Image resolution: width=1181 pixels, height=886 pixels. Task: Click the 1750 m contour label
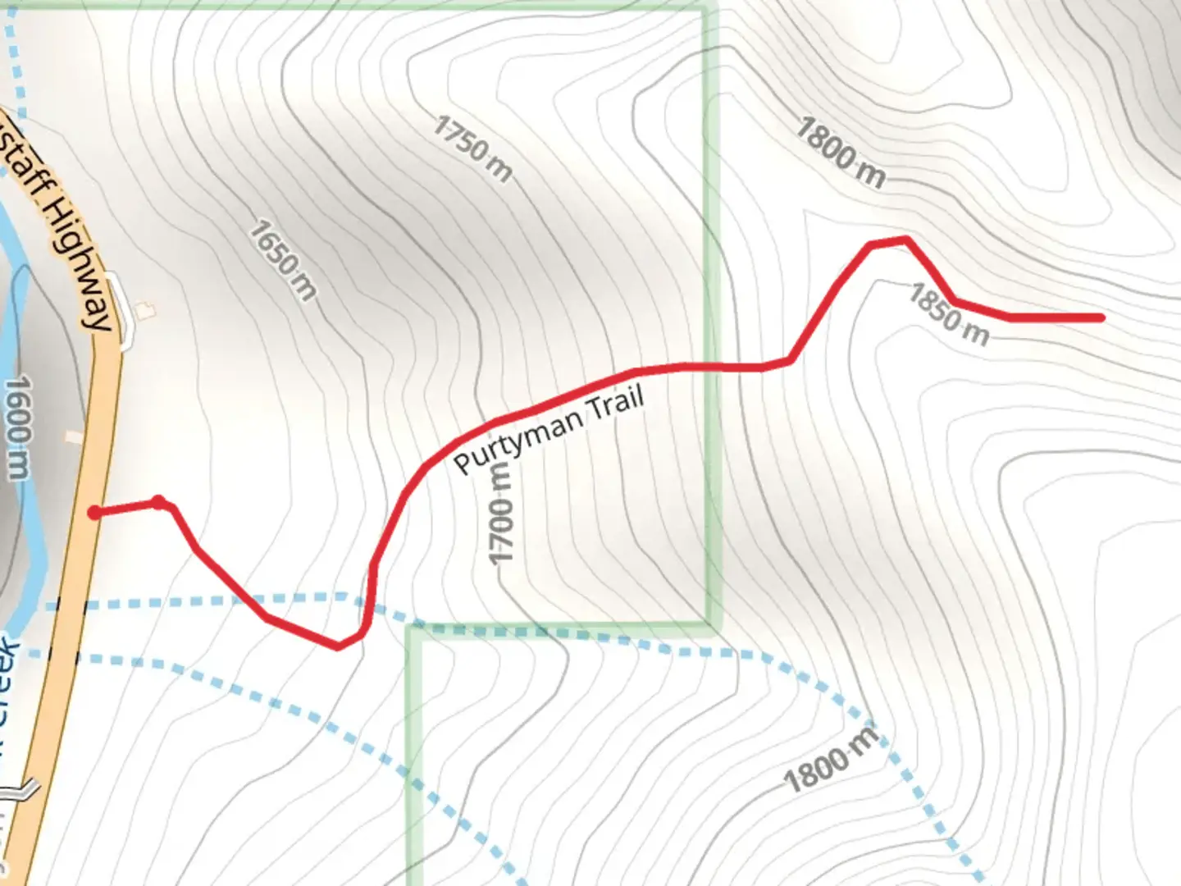coord(473,148)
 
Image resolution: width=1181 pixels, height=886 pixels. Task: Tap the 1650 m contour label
coord(283,259)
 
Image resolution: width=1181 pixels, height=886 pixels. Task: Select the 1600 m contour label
coord(18,427)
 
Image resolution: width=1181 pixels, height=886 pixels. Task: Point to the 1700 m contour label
coord(500,514)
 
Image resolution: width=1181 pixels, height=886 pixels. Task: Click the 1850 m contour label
coord(948,314)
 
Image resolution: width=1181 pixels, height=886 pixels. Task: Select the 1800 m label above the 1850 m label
coord(841,153)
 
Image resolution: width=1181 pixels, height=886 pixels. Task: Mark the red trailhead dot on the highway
coord(95,513)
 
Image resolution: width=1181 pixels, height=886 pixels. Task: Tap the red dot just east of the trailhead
coord(158,501)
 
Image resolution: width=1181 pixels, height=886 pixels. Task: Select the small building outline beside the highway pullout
coord(146,310)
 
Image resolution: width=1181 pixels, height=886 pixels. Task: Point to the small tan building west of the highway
coord(74,438)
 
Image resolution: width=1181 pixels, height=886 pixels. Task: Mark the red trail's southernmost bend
coord(338,646)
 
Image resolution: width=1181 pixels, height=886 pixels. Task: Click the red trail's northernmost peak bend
coord(905,240)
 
